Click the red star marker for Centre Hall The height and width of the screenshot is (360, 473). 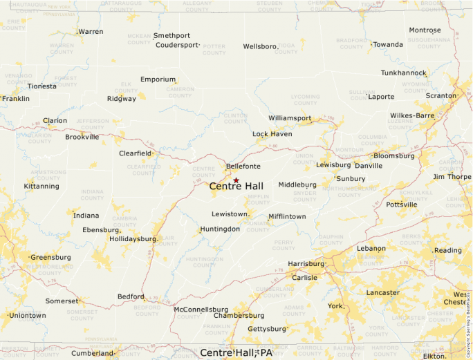point(236,180)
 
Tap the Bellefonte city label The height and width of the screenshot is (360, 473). point(243,167)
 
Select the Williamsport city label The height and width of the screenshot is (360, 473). point(290,118)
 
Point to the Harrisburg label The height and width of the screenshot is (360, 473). point(306,264)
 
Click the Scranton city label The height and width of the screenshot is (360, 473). point(440,95)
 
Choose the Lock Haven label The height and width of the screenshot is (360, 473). point(272,134)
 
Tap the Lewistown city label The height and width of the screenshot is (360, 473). point(230,214)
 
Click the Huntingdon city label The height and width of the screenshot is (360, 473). point(220,229)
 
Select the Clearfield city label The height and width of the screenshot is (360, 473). point(135,153)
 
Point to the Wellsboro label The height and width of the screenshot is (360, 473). point(259,47)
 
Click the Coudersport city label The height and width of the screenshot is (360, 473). point(176,45)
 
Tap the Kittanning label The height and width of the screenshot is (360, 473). point(41,186)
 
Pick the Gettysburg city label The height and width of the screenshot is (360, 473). point(266,329)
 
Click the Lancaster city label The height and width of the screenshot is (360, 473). point(382,292)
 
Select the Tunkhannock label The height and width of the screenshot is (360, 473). point(403,73)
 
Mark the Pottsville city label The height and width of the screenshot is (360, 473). point(402,205)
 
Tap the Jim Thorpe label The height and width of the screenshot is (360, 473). point(452,177)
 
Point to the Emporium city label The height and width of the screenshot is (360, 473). point(158,79)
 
